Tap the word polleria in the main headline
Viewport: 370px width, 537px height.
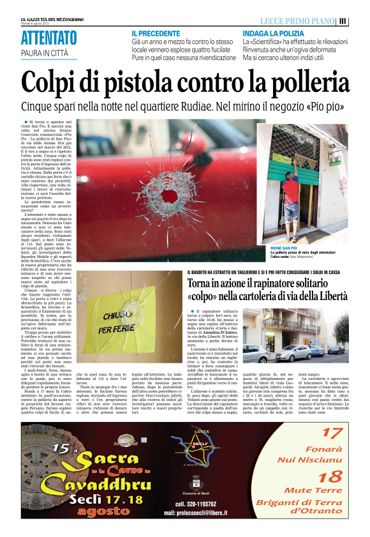[295, 82]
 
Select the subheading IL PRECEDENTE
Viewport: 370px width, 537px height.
[156, 33]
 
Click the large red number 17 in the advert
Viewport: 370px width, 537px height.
[330, 434]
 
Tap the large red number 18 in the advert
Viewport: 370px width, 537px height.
[330, 478]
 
